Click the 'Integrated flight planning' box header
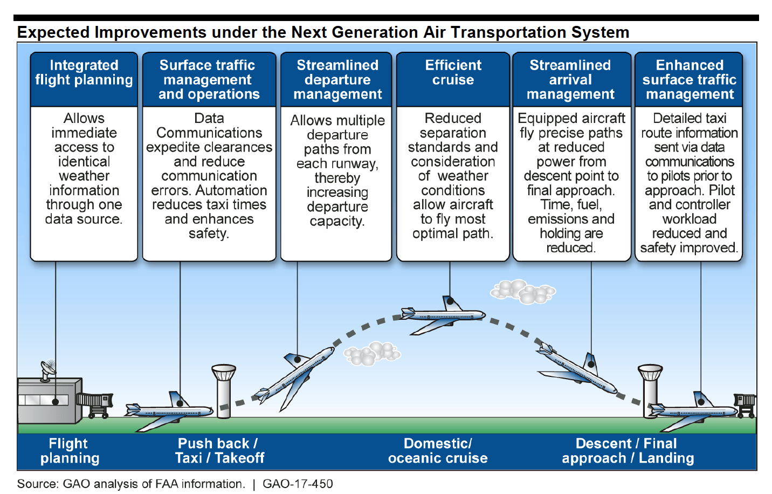(x=84, y=79)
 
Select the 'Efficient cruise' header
(x=453, y=79)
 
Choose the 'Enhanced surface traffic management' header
(x=688, y=79)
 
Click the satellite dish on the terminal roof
(x=48, y=370)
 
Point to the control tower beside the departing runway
(x=224, y=392)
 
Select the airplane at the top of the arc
(x=443, y=315)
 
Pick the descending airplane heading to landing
(x=577, y=369)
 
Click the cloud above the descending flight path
(x=523, y=292)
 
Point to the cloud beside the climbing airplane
(x=372, y=353)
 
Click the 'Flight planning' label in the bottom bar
(x=69, y=450)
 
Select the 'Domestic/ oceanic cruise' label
(x=438, y=450)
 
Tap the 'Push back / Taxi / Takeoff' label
(x=219, y=450)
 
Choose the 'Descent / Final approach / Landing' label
(x=628, y=450)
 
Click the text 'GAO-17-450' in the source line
(x=298, y=484)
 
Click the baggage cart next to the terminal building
(x=95, y=406)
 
